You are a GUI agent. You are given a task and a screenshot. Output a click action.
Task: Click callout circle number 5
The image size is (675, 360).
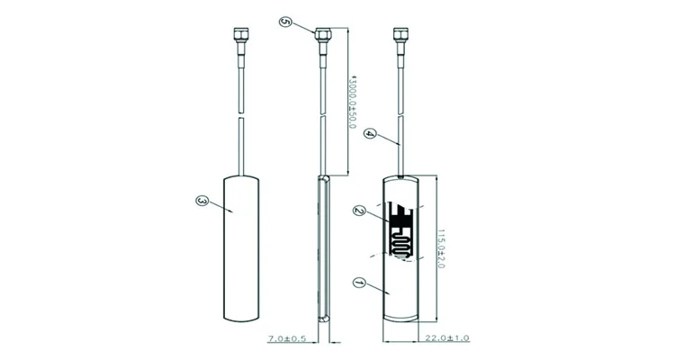click(x=285, y=22)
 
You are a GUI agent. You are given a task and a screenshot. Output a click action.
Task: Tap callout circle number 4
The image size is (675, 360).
click(x=370, y=133)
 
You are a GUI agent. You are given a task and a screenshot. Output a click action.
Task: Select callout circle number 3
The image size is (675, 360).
click(x=202, y=201)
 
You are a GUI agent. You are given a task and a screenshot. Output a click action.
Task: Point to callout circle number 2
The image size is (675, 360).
click(x=359, y=211)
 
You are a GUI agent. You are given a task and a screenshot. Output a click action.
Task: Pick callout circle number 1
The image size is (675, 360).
click(x=359, y=283)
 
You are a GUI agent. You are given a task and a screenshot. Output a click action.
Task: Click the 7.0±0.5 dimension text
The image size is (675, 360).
click(x=287, y=339)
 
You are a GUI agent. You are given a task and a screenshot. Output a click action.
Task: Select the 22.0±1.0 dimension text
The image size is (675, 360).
click(x=447, y=338)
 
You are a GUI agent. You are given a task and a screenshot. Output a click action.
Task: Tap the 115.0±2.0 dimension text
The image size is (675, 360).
click(x=441, y=248)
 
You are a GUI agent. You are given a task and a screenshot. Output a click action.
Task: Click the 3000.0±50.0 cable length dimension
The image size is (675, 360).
click(x=352, y=102)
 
